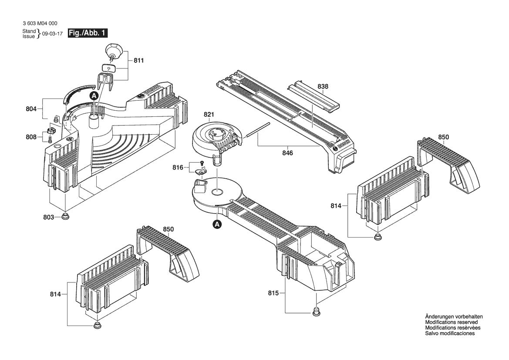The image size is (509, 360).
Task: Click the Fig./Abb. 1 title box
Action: point(88,33)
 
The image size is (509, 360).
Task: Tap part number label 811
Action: point(138,61)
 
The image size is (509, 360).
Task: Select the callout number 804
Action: point(31,109)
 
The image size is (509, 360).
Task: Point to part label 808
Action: point(31,137)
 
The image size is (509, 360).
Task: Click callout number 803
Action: point(49,217)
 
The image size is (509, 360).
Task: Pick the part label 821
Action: point(209,114)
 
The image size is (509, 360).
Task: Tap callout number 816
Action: point(178,168)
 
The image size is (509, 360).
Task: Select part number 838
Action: point(323,86)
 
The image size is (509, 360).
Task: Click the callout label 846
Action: point(288,153)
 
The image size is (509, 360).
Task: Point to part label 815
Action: point(273,293)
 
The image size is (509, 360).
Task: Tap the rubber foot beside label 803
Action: point(66,216)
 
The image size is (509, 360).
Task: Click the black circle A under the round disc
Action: point(216,224)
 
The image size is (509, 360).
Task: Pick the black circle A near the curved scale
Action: point(94,95)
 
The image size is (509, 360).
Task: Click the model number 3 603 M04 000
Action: point(40,24)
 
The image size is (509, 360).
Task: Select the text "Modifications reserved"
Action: point(452,323)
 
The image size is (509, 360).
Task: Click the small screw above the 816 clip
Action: point(201,162)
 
